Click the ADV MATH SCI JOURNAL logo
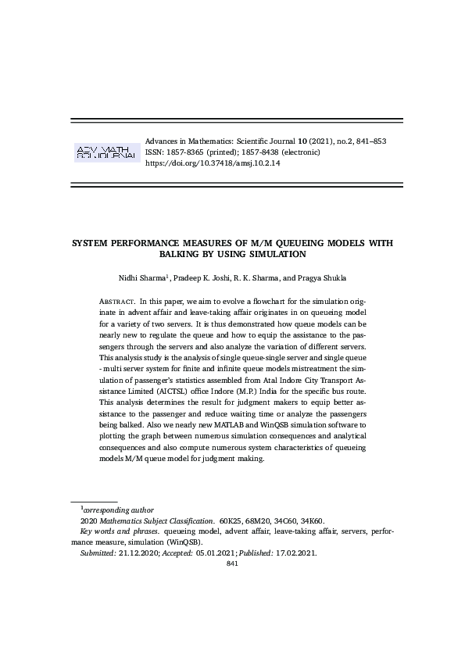(x=106, y=152)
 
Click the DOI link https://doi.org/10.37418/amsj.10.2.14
(x=213, y=164)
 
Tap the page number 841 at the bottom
(x=231, y=563)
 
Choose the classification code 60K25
(x=232, y=520)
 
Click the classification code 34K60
(x=313, y=520)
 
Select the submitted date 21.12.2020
(x=138, y=552)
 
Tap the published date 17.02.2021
(x=295, y=552)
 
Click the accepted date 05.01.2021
(x=209, y=552)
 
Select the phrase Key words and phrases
(x=120, y=531)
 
